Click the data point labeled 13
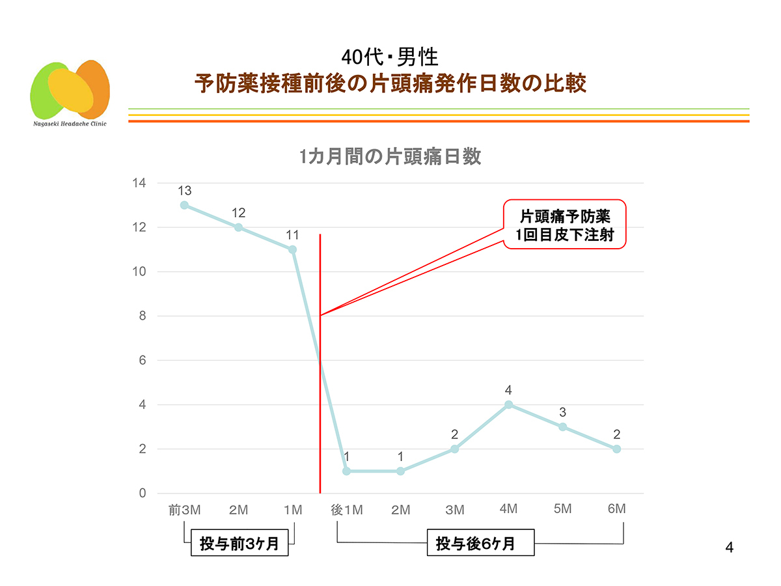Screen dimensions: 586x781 click(x=184, y=205)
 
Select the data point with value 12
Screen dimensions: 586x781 click(x=238, y=227)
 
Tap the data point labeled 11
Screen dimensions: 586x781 click(x=292, y=249)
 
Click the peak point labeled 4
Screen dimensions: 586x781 click(x=508, y=404)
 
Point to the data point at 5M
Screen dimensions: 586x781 click(x=562, y=426)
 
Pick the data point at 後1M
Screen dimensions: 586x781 click(x=346, y=471)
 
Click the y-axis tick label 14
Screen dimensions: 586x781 click(x=138, y=183)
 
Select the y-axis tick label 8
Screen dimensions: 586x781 click(x=142, y=316)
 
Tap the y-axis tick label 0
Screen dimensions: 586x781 click(x=142, y=494)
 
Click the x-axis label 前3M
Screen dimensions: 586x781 click(x=184, y=510)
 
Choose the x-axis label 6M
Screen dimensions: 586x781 click(x=616, y=509)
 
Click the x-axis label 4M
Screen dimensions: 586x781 click(x=508, y=509)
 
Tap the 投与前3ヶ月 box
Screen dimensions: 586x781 click(x=239, y=544)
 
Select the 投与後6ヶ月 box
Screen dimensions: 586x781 click(x=480, y=544)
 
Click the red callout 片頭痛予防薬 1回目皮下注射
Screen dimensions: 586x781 click(x=565, y=225)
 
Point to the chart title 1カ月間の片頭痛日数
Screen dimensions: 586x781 click(x=390, y=158)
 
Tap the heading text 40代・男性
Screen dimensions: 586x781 click(x=390, y=57)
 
